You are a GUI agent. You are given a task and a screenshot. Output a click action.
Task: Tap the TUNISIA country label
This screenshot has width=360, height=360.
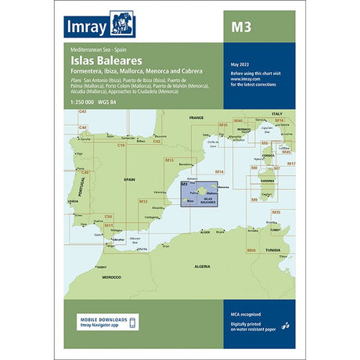click(x=272, y=250)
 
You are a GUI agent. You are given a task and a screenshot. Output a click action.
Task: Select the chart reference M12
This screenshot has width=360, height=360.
click(x=142, y=202)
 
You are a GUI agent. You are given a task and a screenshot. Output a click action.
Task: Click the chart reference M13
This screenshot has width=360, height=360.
click(x=167, y=160)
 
